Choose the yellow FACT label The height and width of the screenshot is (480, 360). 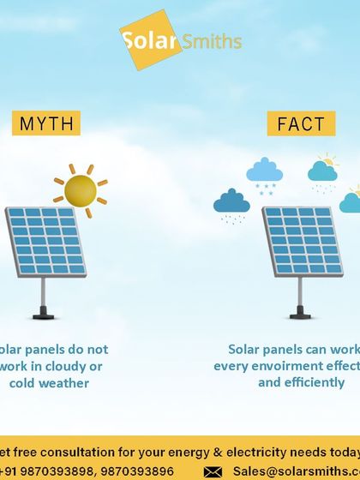[x=301, y=123]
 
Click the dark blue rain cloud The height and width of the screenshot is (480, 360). [x=231, y=202]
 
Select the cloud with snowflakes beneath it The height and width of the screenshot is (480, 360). [x=265, y=171]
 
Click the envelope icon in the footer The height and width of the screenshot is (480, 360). [x=213, y=471]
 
